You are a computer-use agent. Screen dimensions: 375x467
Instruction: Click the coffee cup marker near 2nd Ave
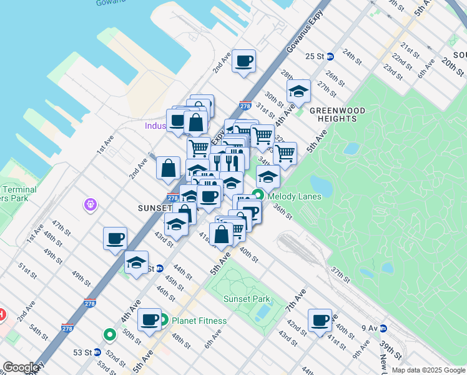click(243, 61)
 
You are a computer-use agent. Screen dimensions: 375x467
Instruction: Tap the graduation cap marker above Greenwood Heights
click(299, 91)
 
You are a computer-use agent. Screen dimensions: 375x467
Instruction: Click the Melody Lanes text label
click(294, 196)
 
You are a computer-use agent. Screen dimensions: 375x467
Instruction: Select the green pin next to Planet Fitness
click(163, 321)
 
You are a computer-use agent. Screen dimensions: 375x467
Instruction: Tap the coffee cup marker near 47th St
click(115, 238)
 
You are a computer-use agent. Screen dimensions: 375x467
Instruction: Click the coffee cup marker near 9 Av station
click(320, 320)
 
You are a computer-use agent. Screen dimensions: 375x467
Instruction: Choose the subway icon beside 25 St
click(330, 56)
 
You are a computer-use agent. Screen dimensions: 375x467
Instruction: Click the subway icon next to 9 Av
click(383, 327)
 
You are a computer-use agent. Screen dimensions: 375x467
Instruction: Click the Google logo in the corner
click(21, 367)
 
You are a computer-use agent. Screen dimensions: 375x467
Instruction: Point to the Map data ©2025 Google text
click(427, 370)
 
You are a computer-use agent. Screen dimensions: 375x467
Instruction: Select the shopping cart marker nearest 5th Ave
click(285, 153)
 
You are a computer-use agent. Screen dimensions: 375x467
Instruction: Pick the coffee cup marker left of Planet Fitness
click(149, 320)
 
